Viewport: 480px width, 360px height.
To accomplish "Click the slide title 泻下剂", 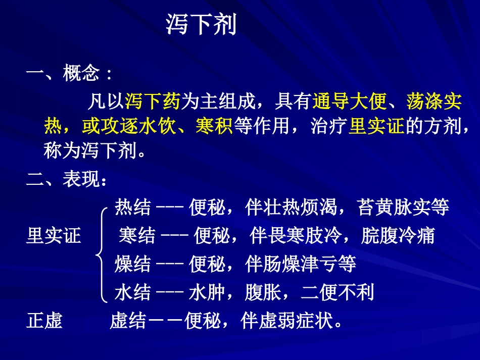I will [201, 25].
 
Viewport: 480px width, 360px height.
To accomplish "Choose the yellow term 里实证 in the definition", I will [376, 126].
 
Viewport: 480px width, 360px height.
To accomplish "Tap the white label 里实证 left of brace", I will [53, 235].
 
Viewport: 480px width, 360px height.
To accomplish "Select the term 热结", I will [132, 207].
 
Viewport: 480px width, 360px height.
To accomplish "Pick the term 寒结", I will [137, 235].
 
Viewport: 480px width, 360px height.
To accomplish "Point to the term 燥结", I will [132, 264].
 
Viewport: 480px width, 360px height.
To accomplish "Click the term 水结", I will [132, 292].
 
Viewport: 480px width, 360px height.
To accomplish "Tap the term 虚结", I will [127, 321].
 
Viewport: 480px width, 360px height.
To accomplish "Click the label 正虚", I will [44, 321].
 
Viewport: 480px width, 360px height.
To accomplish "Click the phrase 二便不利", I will [337, 292].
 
